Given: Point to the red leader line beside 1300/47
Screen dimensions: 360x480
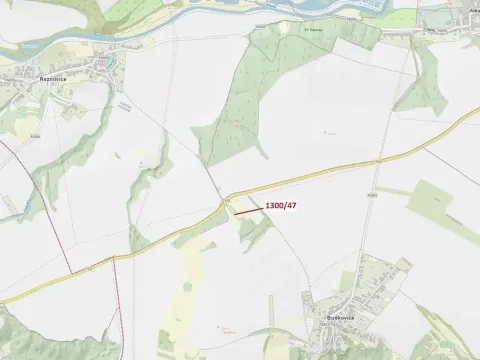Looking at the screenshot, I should coord(249,210).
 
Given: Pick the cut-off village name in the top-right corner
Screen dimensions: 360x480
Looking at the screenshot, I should coord(473,9).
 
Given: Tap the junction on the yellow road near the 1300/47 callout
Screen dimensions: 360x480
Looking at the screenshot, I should coord(227,198).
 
